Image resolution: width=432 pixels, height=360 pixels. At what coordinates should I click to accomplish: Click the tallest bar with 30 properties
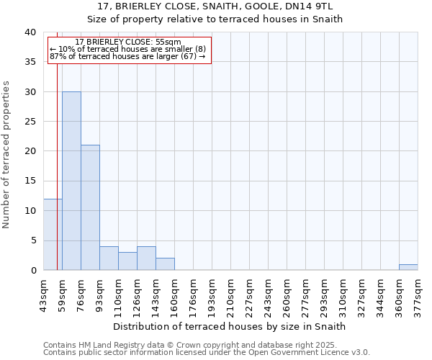pyautogui.click(x=71, y=181)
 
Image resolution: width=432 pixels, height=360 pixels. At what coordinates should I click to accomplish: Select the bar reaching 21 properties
pyautogui.click(x=90, y=207)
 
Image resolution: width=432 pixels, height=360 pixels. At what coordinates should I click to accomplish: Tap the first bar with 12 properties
pyautogui.click(x=53, y=234)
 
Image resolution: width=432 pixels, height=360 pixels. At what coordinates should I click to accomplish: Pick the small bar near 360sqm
pyautogui.click(x=408, y=267)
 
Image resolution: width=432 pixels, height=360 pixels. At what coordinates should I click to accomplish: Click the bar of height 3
pyautogui.click(x=127, y=261)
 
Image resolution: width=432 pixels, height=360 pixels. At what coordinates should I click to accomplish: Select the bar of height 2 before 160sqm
pyautogui.click(x=165, y=264)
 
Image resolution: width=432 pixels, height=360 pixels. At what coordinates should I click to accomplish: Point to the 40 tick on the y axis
pyautogui.click(x=30, y=32)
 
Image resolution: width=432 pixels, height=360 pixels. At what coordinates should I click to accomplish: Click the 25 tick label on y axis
pyautogui.click(x=30, y=122)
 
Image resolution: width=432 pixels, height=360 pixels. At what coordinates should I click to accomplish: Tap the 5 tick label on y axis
pyautogui.click(x=33, y=240)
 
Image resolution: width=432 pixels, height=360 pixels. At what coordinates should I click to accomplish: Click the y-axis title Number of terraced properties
pyautogui.click(x=7, y=155)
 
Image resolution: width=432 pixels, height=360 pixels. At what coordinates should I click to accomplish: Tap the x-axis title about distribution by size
pyautogui.click(x=230, y=326)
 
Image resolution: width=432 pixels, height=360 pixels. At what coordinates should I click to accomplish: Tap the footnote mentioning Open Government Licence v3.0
pyautogui.click(x=207, y=353)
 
